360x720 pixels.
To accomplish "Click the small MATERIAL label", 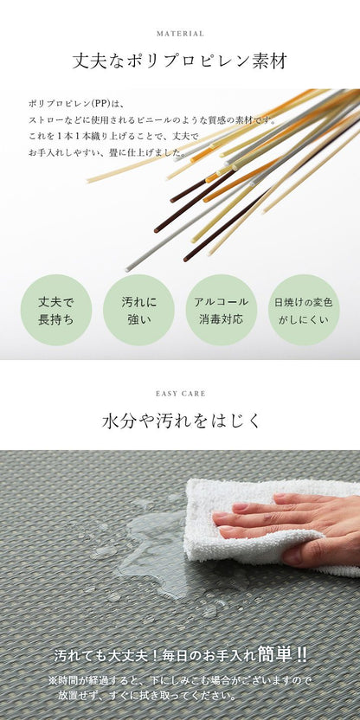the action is click(x=180, y=34).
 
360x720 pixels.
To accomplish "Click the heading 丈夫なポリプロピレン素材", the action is click(x=180, y=61).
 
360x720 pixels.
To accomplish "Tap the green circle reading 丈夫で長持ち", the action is click(x=56, y=310).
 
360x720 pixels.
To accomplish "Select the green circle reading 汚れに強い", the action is click(x=138, y=310).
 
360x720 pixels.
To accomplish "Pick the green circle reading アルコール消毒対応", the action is click(x=222, y=310).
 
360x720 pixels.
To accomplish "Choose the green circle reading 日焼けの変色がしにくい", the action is click(x=304, y=310).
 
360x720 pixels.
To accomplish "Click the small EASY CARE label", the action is click(x=181, y=394).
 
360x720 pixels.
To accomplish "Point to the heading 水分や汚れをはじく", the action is click(x=181, y=421).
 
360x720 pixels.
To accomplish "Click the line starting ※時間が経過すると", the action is click(x=180, y=680).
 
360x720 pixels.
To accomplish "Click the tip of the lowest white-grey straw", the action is click(x=127, y=269).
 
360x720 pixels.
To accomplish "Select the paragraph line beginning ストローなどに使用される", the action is click(x=152, y=121).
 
